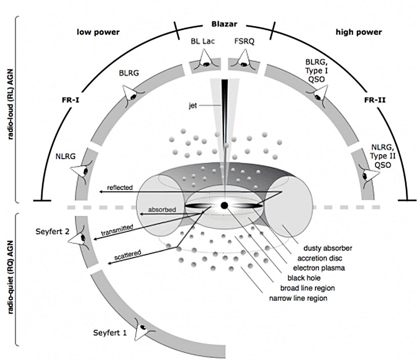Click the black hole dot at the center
[224, 205]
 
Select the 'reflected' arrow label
[120, 188]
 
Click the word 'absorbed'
[160, 209]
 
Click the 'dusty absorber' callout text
[328, 248]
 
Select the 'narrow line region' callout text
[298, 298]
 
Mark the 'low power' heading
[98, 32]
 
